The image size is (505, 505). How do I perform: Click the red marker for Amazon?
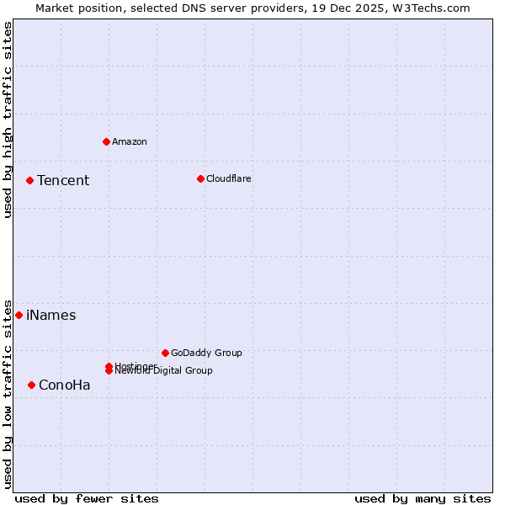click(106, 141)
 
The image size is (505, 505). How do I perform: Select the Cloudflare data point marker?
click(200, 178)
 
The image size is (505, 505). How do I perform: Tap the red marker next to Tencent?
click(29, 180)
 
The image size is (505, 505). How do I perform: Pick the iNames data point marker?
click(19, 315)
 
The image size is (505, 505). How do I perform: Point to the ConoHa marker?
click(31, 385)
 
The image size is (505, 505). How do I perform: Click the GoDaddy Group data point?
click(165, 353)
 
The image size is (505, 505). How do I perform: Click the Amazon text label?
click(130, 141)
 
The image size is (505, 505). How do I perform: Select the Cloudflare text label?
click(229, 178)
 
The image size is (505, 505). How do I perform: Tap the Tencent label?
click(63, 180)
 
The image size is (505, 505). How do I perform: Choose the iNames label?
click(51, 315)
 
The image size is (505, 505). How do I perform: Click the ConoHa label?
click(65, 385)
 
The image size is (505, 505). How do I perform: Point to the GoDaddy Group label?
click(206, 353)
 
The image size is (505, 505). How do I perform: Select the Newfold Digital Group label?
click(165, 371)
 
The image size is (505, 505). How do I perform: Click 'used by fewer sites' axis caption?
click(87, 498)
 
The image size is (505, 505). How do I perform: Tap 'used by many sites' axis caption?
click(423, 498)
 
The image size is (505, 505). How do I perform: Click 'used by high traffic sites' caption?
click(8, 120)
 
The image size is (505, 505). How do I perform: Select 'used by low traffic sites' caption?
click(8, 393)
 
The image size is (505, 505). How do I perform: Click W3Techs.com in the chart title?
click(428, 8)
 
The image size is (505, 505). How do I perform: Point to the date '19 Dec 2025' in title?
click(343, 8)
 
